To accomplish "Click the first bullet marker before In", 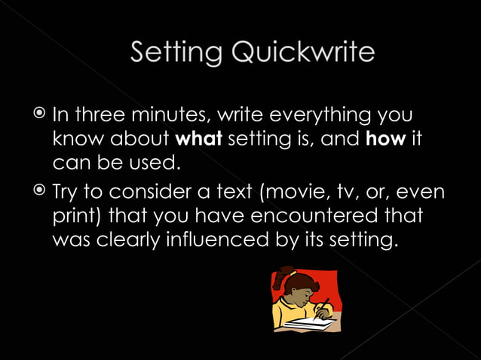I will coord(39,115).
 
